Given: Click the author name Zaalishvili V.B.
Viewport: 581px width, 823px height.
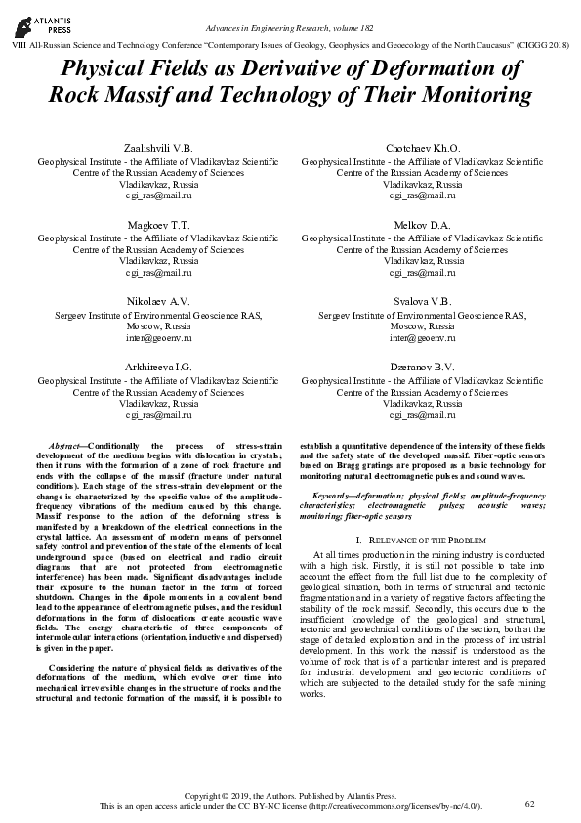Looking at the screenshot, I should tap(157, 148).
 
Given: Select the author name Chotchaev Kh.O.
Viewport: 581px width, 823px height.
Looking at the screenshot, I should tap(423, 148).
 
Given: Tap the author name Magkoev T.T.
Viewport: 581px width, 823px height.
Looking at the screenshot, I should tap(157, 225).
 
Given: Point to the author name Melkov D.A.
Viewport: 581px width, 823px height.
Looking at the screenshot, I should tap(423, 225).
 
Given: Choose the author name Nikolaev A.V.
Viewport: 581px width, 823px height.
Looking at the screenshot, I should tap(157, 301).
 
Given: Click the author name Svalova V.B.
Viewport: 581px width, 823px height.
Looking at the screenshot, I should tap(423, 301).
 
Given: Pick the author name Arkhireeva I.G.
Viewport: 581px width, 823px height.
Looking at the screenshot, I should tap(157, 366).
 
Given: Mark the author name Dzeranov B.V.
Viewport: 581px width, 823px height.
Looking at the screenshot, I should tap(423, 366).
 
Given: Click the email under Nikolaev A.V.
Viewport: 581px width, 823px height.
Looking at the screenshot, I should tap(157, 337).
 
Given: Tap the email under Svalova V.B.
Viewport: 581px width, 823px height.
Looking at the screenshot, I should tap(423, 337).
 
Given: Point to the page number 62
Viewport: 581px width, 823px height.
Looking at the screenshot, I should tap(530, 803).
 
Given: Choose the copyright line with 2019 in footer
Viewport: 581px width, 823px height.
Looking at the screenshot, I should tap(290, 797).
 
